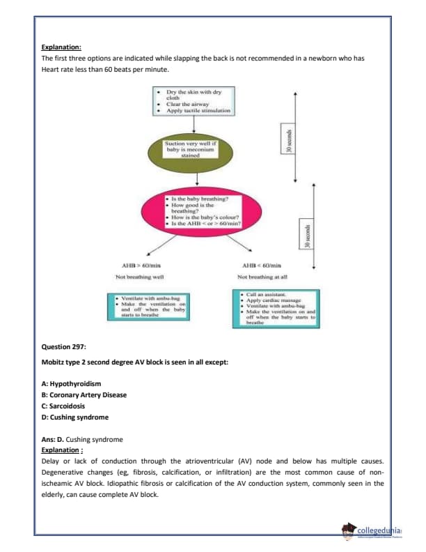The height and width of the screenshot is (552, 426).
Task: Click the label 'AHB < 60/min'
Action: pyautogui.click(x=261, y=266)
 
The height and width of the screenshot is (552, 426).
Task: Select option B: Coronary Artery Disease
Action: pyautogui.click(x=84, y=394)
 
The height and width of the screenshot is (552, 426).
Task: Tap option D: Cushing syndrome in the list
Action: pyautogui.click(x=75, y=417)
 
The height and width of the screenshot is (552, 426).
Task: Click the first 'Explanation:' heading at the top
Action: pyautogui.click(x=62, y=47)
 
